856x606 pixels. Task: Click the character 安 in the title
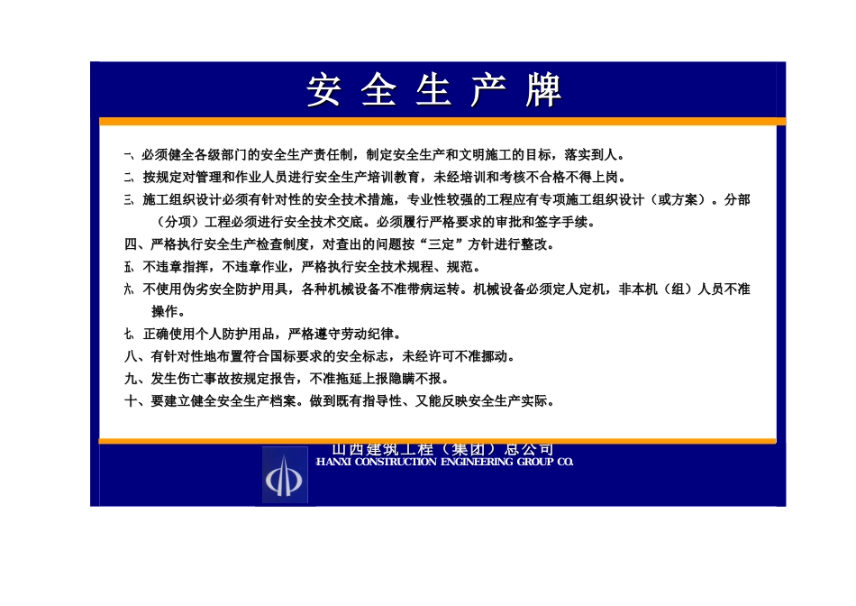(323, 90)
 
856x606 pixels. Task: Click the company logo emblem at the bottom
(285, 474)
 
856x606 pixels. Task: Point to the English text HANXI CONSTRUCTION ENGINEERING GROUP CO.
(444, 462)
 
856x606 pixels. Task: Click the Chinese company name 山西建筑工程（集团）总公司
(442, 449)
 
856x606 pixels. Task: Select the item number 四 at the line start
(132, 244)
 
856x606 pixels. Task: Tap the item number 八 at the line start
(132, 356)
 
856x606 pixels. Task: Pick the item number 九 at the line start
(132, 379)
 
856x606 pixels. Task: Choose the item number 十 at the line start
(132, 401)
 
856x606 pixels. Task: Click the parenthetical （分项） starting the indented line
(178, 222)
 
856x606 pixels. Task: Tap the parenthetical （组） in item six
(674, 289)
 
